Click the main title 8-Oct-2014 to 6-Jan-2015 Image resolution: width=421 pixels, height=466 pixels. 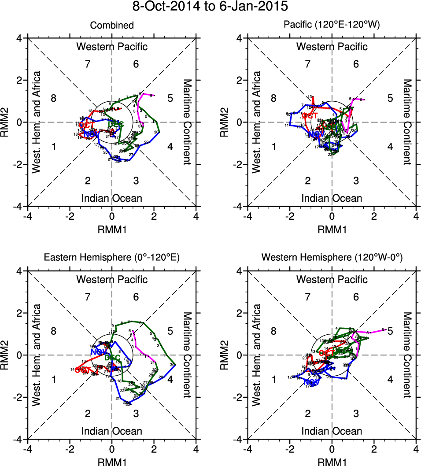pyautogui.click(x=210, y=7)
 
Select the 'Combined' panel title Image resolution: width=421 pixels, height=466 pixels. pyautogui.click(x=112, y=26)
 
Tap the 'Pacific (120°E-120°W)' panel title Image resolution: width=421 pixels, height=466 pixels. pyautogui.click(x=332, y=26)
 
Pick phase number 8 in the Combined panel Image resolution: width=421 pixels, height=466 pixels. pyautogui.click(x=54, y=98)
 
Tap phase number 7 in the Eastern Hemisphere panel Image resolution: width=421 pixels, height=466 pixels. pyautogui.click(x=88, y=297)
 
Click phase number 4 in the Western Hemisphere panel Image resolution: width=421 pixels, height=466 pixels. pyautogui.click(x=390, y=380)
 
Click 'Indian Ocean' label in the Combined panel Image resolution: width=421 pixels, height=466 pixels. pyautogui.click(x=112, y=198)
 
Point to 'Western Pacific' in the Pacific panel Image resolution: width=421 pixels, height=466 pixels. pyautogui.click(x=332, y=46)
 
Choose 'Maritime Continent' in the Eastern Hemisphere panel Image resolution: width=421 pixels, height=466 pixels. pyautogui.click(x=187, y=354)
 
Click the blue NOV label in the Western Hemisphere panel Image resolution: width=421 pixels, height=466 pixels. pyautogui.click(x=311, y=382)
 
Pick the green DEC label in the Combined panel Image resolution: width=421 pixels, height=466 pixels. pyautogui.click(x=115, y=124)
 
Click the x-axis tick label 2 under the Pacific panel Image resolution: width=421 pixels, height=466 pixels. pyautogui.click(x=374, y=217)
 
